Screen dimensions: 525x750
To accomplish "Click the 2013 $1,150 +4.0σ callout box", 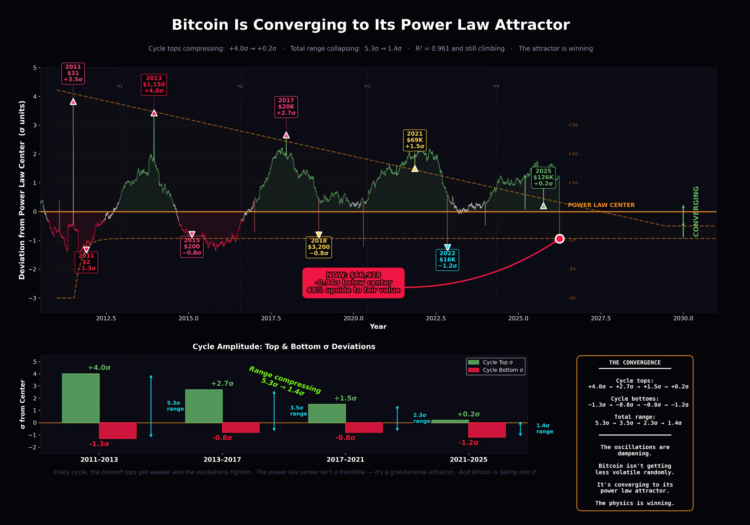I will coord(154,85).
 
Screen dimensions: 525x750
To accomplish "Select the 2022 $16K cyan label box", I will coord(447,260).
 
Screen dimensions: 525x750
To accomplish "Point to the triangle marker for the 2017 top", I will coord(286,135).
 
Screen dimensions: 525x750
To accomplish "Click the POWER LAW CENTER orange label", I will coord(601,205).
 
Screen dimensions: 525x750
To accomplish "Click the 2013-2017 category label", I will coord(222,460).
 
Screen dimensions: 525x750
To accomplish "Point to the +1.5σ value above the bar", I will coord(345,398).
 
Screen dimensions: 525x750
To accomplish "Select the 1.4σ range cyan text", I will coord(545,428).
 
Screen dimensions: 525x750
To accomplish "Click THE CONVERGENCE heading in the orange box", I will coord(635,363).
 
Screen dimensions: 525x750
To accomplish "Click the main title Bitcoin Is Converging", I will coord(371,25).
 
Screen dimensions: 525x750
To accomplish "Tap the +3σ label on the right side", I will coord(573,125).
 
